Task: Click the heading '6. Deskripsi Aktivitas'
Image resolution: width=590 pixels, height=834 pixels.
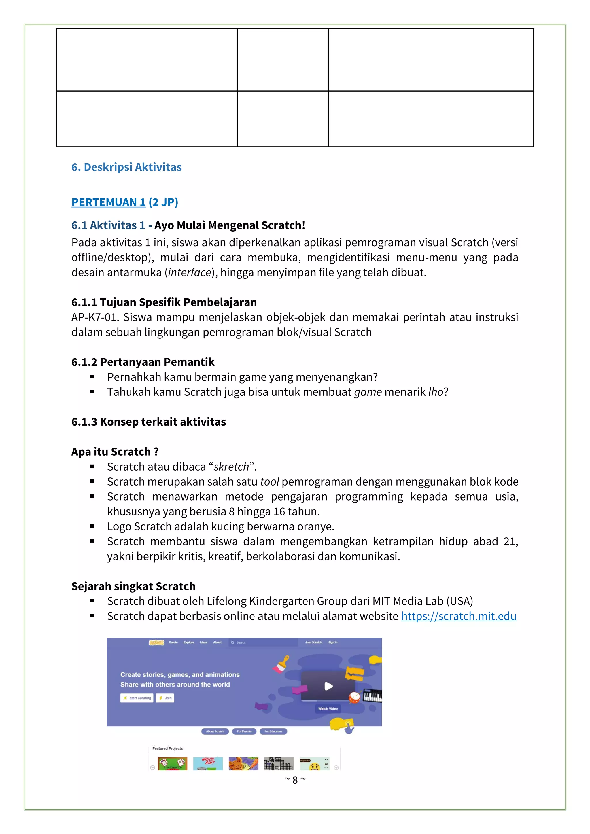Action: [x=126, y=167]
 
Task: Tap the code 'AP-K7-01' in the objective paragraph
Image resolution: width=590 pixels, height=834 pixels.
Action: [x=93, y=317]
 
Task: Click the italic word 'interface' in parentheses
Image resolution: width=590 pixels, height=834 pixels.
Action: [x=189, y=272]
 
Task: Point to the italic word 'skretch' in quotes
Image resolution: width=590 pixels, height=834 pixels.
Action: [x=231, y=467]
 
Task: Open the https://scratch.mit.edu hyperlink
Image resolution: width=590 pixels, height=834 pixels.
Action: [x=458, y=616]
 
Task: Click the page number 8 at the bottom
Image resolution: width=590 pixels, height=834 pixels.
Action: [x=295, y=780]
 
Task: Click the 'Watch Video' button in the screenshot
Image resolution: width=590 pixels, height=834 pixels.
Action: [x=328, y=709]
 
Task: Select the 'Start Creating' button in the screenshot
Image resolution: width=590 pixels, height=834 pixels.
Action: [x=137, y=698]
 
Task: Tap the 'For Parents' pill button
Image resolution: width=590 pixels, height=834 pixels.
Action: [x=244, y=731]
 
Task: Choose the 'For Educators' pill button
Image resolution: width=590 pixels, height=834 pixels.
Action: [x=273, y=731]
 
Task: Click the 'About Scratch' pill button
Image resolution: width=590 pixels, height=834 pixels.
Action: [x=215, y=731]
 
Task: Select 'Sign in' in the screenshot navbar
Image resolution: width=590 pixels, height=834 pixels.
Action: [x=333, y=642]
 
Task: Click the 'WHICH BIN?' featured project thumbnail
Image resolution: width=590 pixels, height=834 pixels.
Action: [x=208, y=763]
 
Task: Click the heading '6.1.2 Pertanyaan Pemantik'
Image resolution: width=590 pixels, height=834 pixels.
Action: [x=143, y=362]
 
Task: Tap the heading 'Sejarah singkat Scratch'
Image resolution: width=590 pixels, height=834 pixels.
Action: [x=133, y=586]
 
